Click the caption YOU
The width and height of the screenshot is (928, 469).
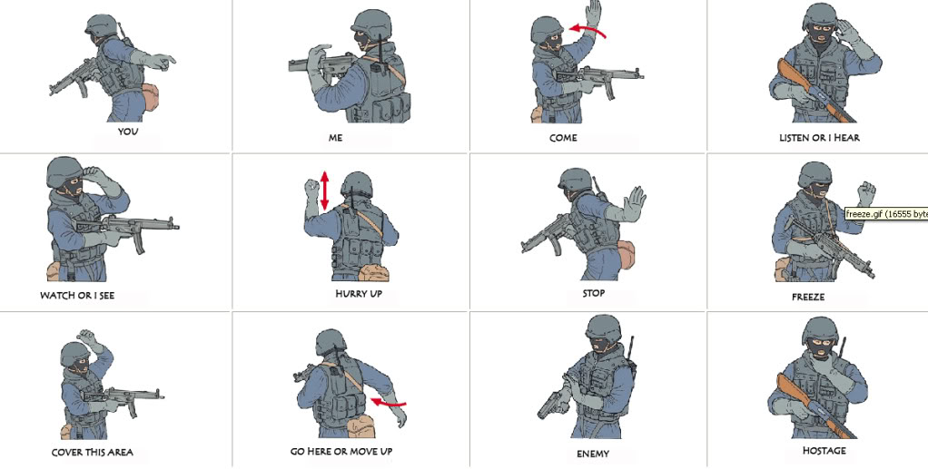point(128,132)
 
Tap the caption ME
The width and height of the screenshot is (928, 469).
point(335,139)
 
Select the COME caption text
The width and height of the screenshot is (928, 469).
point(563,139)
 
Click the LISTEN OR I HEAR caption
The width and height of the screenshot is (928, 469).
point(819,138)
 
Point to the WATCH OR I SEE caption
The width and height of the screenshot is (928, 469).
point(77,296)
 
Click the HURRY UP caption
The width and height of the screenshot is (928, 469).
point(358,294)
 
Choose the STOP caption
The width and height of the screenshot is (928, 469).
point(593,293)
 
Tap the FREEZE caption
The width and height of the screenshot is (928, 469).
point(807,297)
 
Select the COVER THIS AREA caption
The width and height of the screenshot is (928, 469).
point(92,452)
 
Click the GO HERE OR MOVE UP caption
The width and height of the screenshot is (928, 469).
point(343,451)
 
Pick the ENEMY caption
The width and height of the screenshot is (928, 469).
point(593,454)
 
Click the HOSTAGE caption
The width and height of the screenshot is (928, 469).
point(824,450)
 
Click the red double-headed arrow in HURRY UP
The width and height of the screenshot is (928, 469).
point(323,191)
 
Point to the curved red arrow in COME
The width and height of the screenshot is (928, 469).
point(588,32)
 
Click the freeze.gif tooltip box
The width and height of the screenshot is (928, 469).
point(885,214)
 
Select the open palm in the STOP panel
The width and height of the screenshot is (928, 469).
point(636,200)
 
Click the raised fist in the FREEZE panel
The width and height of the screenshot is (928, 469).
point(867,191)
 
